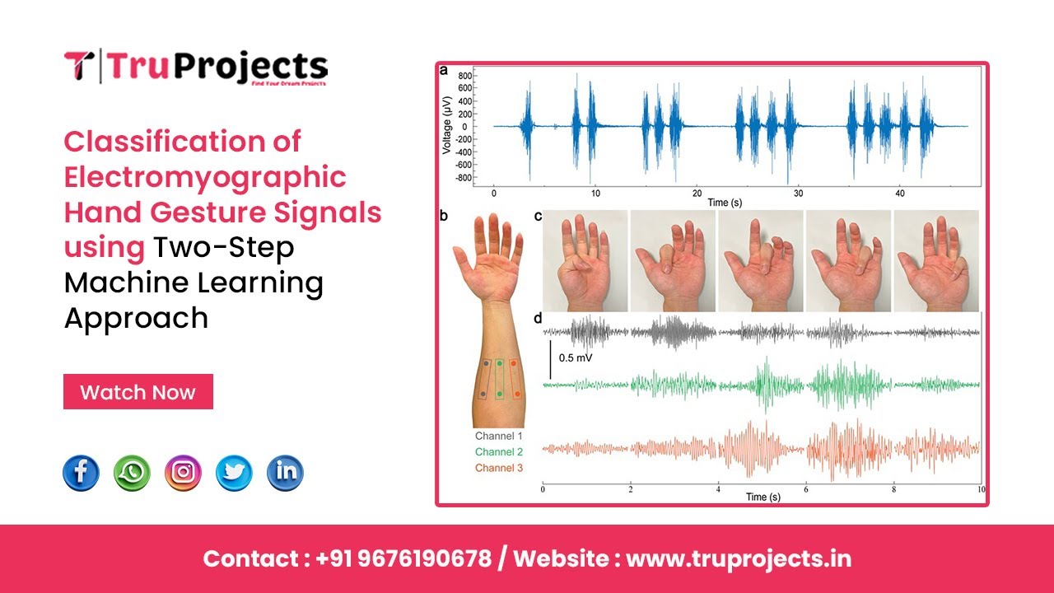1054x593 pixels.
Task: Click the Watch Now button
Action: (138, 392)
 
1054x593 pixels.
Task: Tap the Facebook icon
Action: (82, 473)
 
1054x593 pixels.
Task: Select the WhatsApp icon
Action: (133, 473)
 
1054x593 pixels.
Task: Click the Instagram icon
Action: (183, 473)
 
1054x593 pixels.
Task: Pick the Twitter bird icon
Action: (234, 473)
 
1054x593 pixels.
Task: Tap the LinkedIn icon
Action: (285, 473)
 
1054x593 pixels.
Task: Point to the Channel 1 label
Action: (498, 436)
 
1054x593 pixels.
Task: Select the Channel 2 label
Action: (498, 452)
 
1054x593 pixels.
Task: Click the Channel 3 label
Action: (498, 468)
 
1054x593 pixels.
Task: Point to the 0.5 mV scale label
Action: (576, 358)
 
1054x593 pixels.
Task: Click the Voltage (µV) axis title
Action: (446, 126)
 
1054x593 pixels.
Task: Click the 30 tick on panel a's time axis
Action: (798, 192)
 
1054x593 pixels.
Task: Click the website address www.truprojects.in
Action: (739, 558)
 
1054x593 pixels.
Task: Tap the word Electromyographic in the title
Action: (205, 177)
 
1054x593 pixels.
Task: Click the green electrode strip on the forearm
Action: (498, 380)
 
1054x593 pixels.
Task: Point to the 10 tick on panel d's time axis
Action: (979, 489)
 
